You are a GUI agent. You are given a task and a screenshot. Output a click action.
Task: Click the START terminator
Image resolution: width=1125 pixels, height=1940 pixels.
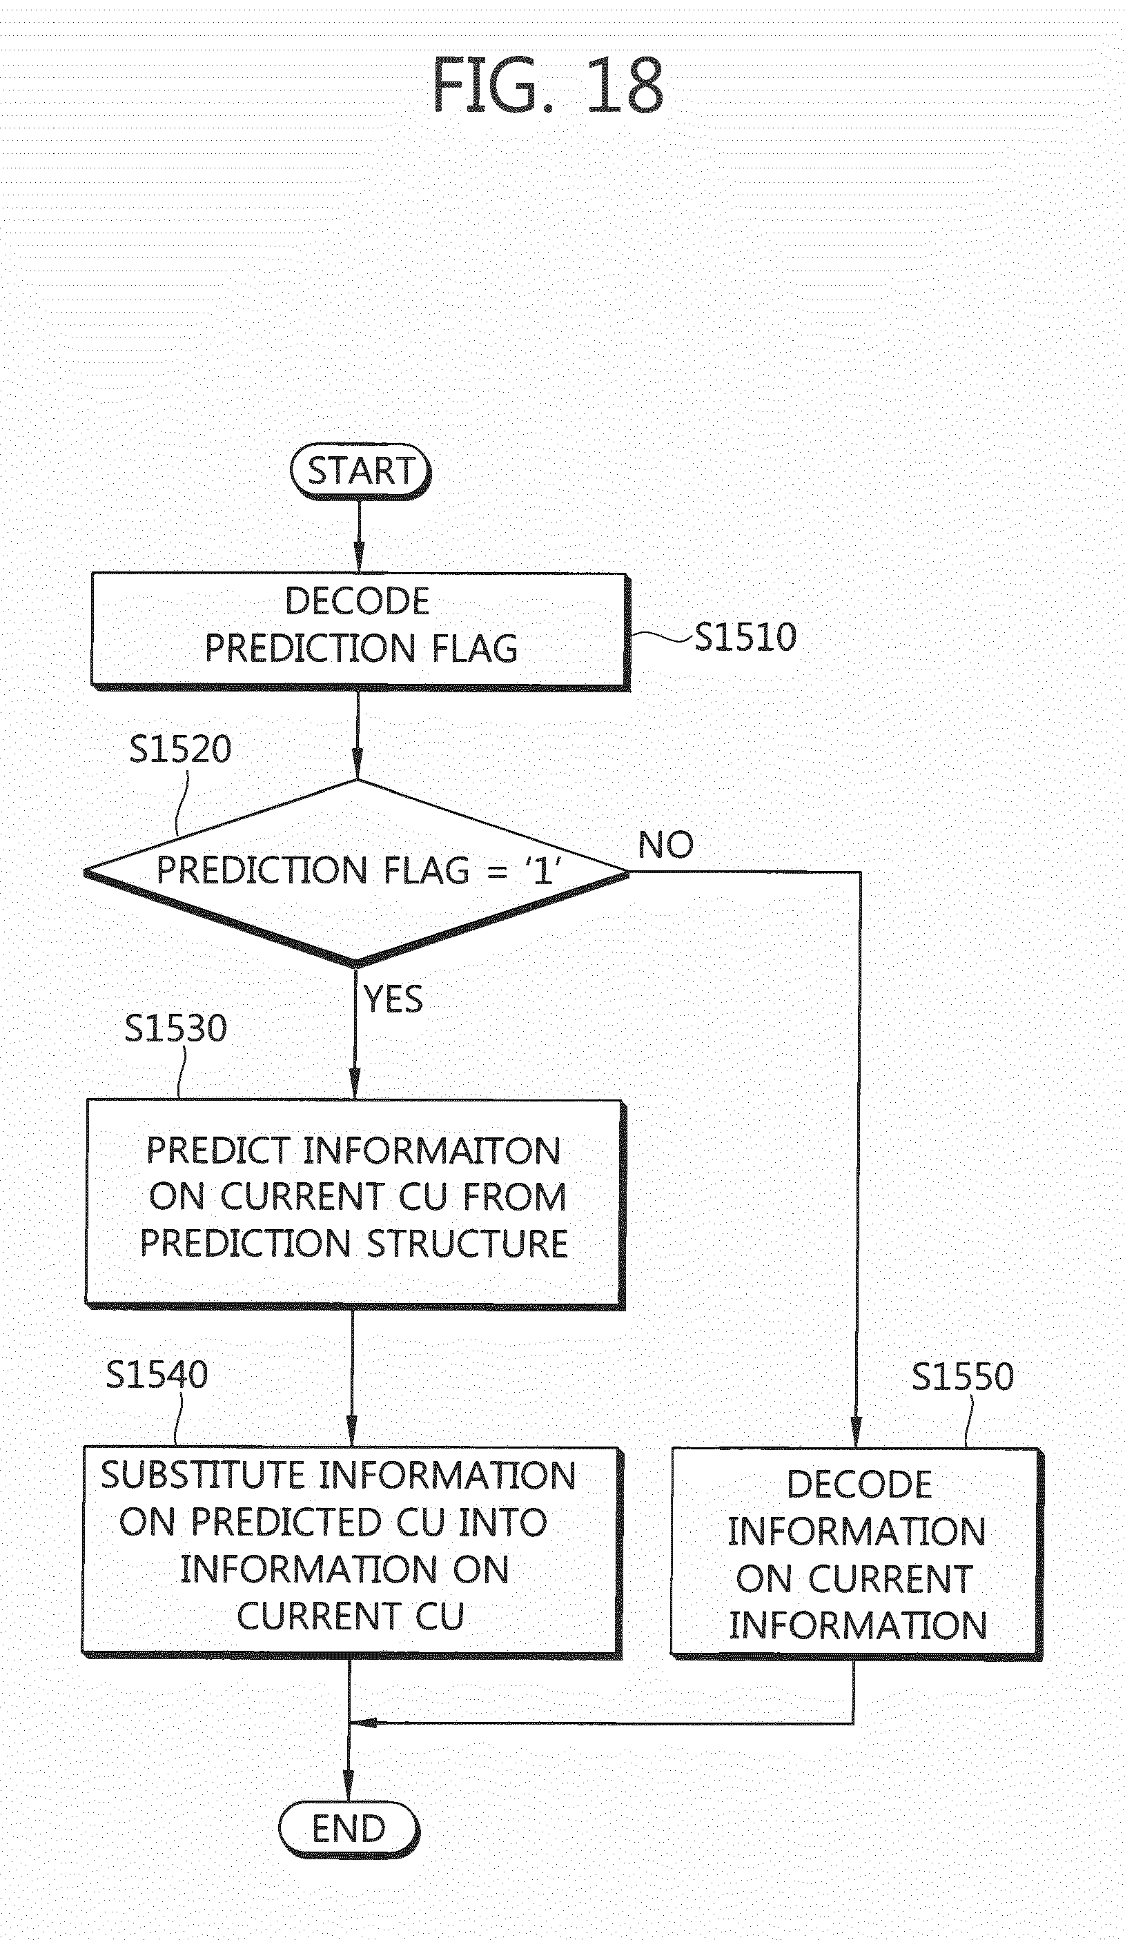click(360, 471)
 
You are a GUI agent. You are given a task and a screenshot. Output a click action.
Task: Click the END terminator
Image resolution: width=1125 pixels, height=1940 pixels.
click(349, 1828)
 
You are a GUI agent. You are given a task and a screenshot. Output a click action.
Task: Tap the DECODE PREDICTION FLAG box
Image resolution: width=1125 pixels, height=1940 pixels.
click(360, 631)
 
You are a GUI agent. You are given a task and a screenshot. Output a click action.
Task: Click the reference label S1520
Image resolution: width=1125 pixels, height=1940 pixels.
click(180, 749)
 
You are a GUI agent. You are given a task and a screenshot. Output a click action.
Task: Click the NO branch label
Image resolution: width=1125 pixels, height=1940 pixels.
click(666, 845)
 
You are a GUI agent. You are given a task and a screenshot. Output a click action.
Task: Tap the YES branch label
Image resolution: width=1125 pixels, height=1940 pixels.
click(393, 999)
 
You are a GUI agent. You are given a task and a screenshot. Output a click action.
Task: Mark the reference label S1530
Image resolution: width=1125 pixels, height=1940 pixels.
click(175, 1028)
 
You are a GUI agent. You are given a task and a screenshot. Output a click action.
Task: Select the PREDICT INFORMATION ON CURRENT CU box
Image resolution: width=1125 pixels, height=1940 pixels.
click(354, 1205)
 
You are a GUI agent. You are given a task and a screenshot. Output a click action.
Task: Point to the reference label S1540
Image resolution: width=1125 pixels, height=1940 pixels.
click(157, 1375)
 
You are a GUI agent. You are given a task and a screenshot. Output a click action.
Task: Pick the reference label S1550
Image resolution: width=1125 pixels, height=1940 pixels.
click(963, 1376)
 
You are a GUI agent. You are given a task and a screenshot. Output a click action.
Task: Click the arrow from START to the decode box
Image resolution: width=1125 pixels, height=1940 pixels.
click(359, 536)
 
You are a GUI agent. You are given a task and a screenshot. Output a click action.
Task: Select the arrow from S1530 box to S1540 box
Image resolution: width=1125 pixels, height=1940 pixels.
click(353, 1378)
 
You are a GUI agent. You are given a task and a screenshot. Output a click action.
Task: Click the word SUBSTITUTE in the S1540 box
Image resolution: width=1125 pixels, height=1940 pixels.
click(204, 1476)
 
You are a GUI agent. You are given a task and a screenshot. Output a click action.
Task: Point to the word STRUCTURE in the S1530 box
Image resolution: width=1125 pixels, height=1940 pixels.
click(467, 1244)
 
